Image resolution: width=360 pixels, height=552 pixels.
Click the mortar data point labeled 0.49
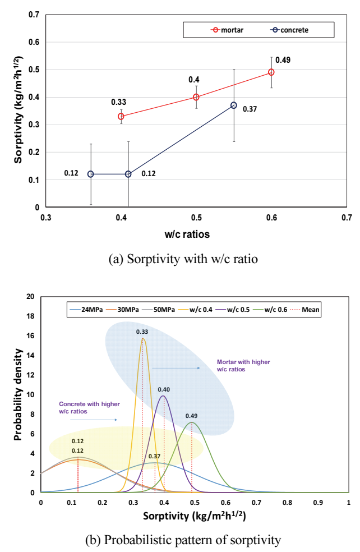tap(271, 72)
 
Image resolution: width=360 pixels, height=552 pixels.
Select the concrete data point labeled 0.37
tap(234, 105)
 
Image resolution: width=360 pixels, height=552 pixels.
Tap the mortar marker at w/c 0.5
tap(196, 97)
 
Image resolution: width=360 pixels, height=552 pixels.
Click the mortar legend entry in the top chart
tap(227, 30)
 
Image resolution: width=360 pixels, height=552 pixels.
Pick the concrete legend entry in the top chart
tap(289, 30)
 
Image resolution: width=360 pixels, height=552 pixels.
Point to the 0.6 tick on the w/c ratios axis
tap(271, 218)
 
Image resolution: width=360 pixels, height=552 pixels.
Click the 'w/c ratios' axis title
tap(187, 234)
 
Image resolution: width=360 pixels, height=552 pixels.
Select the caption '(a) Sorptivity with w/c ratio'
tap(183, 259)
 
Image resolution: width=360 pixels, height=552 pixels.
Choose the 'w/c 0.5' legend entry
tap(233, 310)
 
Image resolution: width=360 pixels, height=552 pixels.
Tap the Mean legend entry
tap(304, 310)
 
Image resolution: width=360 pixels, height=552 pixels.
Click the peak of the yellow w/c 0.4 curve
tap(143, 339)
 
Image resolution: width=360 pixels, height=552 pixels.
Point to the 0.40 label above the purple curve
tap(164, 389)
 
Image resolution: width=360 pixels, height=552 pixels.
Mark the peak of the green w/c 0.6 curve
tap(191, 422)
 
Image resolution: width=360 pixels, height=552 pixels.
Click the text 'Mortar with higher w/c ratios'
tap(243, 365)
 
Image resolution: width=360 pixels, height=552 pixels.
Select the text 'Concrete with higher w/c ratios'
tap(89, 408)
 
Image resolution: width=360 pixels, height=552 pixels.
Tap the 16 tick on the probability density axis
tap(31, 336)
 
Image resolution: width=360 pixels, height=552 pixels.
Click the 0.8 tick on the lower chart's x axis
tap(287, 503)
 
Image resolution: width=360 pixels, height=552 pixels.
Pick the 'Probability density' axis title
tap(18, 394)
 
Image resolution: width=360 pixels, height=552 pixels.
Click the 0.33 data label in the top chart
tap(118, 102)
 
